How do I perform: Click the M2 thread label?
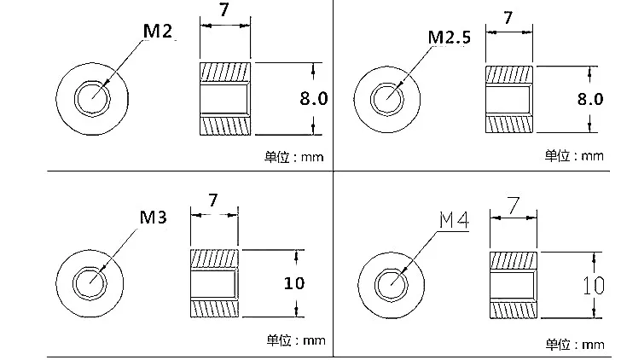tap(158, 31)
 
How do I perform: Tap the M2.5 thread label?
tap(450, 38)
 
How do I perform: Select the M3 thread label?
tap(154, 217)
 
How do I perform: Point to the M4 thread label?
tap(455, 220)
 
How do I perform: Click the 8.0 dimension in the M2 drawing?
tap(314, 98)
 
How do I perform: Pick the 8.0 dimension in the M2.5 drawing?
tap(590, 99)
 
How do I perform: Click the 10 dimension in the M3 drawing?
tap(294, 282)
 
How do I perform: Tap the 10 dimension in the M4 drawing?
tap(594, 286)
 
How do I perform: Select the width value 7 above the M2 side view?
tap(224, 10)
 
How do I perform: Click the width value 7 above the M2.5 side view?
tap(508, 18)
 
